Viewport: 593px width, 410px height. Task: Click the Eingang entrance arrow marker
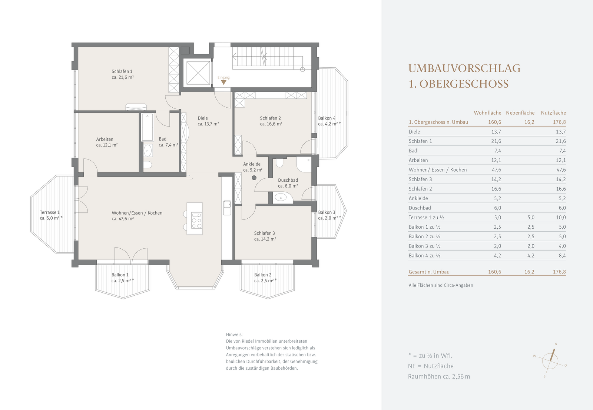[x=224, y=82]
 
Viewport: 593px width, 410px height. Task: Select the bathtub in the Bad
[x=148, y=127]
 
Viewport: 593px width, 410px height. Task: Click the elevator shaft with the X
[x=198, y=73]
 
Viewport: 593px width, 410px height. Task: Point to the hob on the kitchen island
[x=197, y=220]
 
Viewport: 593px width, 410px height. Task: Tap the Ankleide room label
[x=252, y=164]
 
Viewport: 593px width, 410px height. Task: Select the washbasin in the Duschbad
[x=280, y=198]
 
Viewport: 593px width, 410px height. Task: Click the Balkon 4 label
[x=327, y=118]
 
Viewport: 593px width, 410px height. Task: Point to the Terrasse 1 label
[x=50, y=212]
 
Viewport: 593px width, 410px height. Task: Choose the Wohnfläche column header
[x=487, y=113]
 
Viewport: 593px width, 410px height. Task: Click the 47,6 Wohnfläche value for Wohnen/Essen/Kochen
[x=496, y=170]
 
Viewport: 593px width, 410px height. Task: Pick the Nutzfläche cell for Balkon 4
[x=561, y=256]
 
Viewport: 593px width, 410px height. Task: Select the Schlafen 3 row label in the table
[x=420, y=179]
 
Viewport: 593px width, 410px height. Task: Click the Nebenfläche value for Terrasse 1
[x=531, y=218]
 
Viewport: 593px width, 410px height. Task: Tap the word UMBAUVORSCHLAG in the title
[x=464, y=68]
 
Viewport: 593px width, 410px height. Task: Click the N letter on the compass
[x=556, y=344]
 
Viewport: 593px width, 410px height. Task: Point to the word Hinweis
[x=234, y=335]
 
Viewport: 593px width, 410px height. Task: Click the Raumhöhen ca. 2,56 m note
[x=439, y=376]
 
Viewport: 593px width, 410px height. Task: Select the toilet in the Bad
[x=148, y=165]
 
